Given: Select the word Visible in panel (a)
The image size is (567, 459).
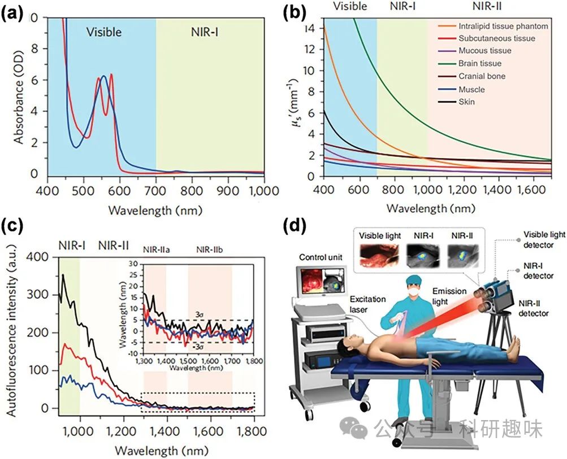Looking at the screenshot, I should pos(103,32).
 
